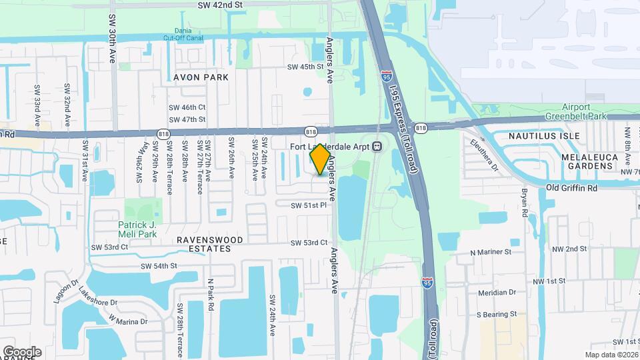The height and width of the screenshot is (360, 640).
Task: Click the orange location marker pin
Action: (321, 159)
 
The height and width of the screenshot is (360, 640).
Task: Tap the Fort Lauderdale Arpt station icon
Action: (377, 146)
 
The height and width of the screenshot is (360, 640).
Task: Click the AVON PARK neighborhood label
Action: (201, 77)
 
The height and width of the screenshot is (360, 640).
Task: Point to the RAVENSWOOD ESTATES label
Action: (210, 244)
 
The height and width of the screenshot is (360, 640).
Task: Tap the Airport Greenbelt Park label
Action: (584, 111)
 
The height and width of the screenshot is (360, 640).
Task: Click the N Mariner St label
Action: (491, 252)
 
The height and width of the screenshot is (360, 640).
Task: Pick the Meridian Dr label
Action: (497, 292)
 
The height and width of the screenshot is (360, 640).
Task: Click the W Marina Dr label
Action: (129, 321)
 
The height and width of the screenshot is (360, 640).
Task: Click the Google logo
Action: (22, 351)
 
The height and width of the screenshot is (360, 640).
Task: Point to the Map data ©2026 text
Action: (611, 355)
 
